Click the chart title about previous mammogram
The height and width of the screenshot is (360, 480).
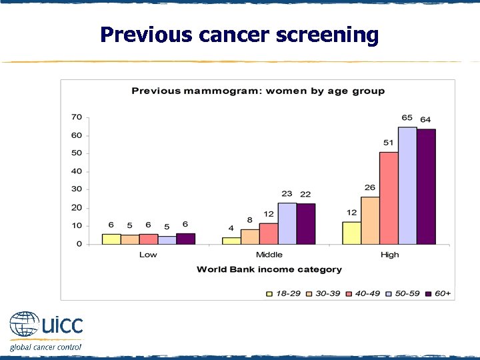[x=258, y=91]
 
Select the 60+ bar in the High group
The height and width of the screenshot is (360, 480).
[x=426, y=186]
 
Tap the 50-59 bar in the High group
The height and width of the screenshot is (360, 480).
[x=407, y=185]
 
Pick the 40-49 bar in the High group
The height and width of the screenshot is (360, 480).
[x=389, y=198]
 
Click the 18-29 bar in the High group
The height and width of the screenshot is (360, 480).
[x=351, y=233]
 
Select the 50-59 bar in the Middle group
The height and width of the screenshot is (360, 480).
[x=287, y=223]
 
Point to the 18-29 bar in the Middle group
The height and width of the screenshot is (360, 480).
[x=231, y=241]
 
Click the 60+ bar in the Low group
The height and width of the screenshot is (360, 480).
[x=185, y=239]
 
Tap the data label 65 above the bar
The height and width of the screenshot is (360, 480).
[x=407, y=118]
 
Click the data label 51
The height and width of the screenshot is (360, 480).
[x=388, y=143]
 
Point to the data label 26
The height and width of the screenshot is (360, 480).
[x=370, y=188]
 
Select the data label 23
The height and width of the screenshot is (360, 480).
[x=287, y=194]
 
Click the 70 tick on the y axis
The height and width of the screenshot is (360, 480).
[x=77, y=117]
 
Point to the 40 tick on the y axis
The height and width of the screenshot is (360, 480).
[x=77, y=171]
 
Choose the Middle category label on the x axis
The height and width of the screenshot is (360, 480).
[x=269, y=255]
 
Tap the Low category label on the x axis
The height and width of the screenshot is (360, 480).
[x=148, y=255]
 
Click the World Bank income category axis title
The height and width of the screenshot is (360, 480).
[x=269, y=269]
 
